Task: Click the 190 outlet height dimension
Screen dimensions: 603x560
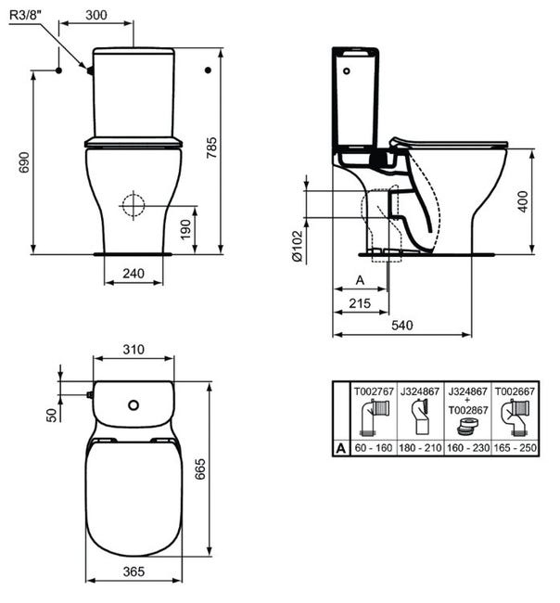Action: pyautogui.click(x=185, y=227)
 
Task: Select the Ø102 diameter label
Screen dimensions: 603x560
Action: pyautogui.click(x=297, y=245)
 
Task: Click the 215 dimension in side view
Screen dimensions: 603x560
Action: pyautogui.click(x=359, y=303)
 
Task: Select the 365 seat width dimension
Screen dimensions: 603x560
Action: pyautogui.click(x=134, y=572)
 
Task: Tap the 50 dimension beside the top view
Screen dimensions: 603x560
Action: pyautogui.click(x=51, y=414)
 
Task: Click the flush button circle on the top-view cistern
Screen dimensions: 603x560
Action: pyautogui.click(x=135, y=404)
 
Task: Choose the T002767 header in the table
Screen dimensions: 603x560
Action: pyautogui.click(x=374, y=391)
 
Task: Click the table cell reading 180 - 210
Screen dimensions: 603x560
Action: pyautogui.click(x=421, y=447)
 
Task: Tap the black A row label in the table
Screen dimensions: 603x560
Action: pyautogui.click(x=341, y=447)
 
